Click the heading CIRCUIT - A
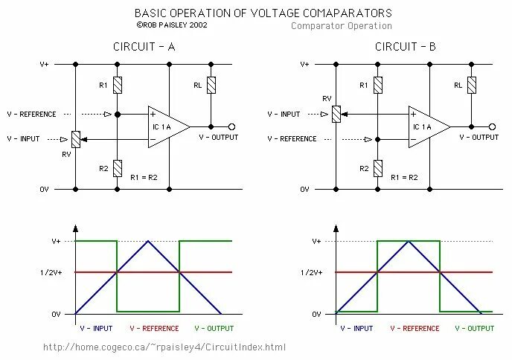coord(144,47)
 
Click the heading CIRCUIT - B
coord(406,47)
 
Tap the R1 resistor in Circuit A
coord(117,84)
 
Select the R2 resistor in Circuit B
coord(378,167)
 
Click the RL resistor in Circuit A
coord(211,84)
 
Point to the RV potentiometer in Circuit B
coord(336,114)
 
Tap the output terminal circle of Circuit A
coord(232,126)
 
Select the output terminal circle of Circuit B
coord(493,126)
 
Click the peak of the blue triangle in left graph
coord(149,241)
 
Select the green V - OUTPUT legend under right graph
coord(474,327)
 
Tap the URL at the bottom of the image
coord(164,347)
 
